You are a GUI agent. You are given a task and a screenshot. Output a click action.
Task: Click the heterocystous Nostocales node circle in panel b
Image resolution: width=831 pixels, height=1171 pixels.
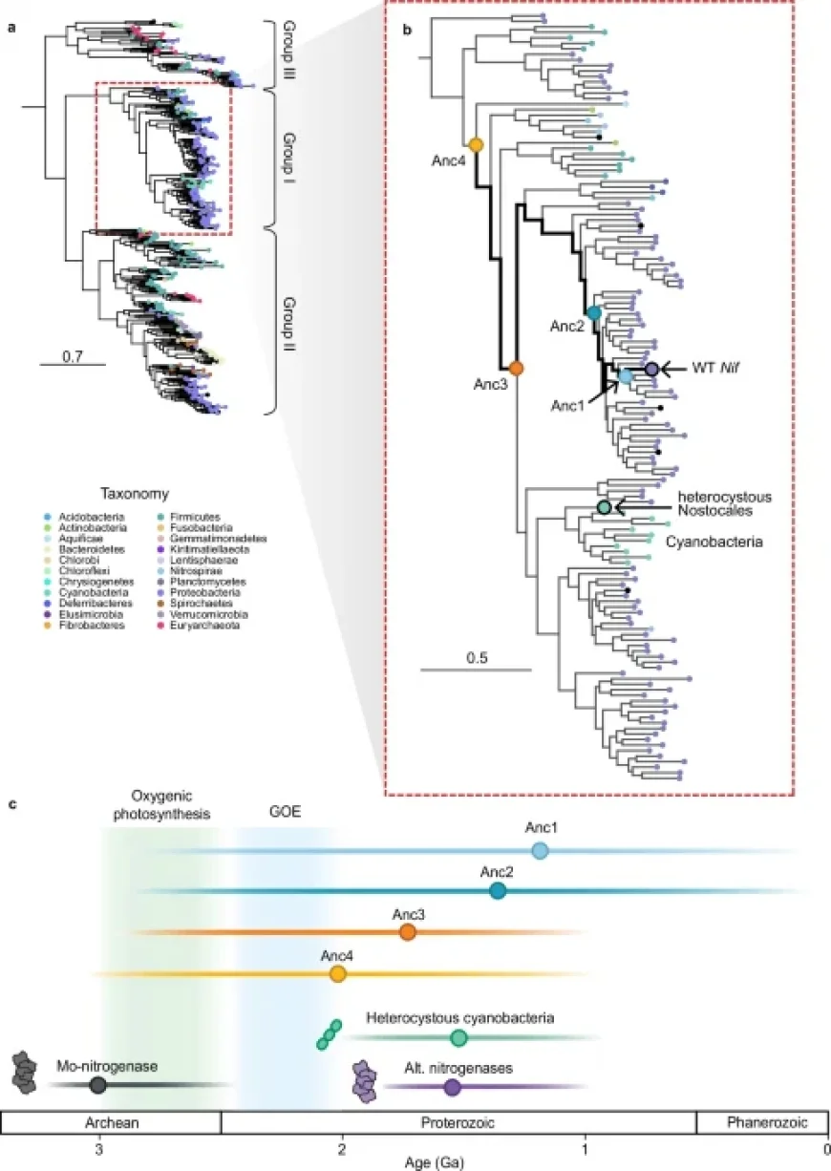click(603, 507)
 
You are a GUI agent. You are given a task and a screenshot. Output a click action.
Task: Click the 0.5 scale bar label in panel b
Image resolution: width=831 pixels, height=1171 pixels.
click(476, 658)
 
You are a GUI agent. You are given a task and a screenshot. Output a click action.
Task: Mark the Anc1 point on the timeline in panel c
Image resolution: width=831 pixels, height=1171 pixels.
click(540, 850)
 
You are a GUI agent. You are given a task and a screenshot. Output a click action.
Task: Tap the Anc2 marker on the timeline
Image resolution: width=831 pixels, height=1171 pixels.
click(498, 891)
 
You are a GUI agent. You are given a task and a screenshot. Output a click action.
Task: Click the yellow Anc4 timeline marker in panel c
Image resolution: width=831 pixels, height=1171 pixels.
click(337, 973)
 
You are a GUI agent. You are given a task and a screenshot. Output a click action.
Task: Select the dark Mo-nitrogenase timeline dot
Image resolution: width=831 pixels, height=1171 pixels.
click(97, 1084)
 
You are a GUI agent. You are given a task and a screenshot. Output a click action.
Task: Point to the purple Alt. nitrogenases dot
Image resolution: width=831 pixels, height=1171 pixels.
click(452, 1087)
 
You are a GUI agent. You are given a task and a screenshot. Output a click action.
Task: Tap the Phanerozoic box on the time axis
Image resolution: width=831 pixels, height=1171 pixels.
click(760, 1121)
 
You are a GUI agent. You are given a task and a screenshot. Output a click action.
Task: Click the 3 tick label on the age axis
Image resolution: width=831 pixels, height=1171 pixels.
click(97, 1145)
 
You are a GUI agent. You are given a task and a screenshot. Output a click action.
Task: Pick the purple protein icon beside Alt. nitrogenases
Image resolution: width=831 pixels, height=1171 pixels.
click(365, 1082)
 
